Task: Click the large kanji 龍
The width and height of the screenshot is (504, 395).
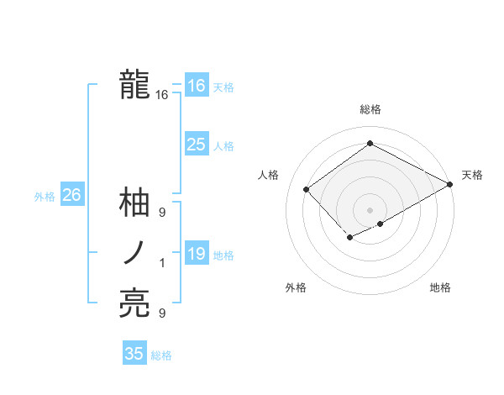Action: (134, 85)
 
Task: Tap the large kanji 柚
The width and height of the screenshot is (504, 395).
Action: (134, 203)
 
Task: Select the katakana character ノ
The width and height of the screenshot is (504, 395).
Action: (134, 253)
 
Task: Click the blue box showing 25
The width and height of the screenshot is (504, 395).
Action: (196, 145)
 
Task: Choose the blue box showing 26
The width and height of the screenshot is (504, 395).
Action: (71, 196)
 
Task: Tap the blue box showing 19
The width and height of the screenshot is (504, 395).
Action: (196, 254)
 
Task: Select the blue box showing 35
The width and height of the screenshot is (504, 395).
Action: (134, 354)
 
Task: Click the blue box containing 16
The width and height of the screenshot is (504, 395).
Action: (196, 86)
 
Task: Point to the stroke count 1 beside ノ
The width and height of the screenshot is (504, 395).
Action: (162, 264)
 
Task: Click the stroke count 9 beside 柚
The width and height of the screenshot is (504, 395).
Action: (162, 213)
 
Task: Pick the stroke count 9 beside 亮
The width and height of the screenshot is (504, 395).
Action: (162, 313)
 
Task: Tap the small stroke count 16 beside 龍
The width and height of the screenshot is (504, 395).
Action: (162, 96)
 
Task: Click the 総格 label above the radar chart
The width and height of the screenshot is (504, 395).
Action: (370, 109)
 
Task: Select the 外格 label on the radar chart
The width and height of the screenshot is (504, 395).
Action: (296, 287)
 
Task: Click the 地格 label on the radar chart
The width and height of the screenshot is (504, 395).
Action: (440, 287)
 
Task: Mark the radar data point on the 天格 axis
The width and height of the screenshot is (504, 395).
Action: (451, 186)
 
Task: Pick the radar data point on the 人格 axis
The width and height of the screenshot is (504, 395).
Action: (307, 189)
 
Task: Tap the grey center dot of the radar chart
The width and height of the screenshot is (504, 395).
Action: (370, 209)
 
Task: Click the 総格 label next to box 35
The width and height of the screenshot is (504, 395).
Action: (161, 355)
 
